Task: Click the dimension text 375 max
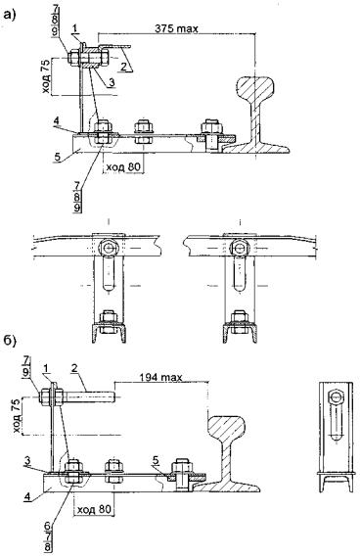click(x=176, y=28)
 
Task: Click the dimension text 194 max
click(x=160, y=377)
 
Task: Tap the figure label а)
click(x=9, y=15)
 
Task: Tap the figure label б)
click(x=10, y=341)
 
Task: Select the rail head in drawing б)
click(x=227, y=426)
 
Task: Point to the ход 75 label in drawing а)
click(x=47, y=77)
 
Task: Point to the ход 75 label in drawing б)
click(x=17, y=416)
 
